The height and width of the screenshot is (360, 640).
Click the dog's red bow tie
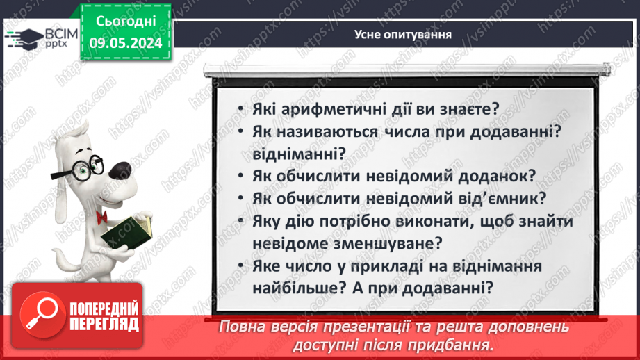[101, 217]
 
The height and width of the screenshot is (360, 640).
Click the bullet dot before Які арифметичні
[238, 111]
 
